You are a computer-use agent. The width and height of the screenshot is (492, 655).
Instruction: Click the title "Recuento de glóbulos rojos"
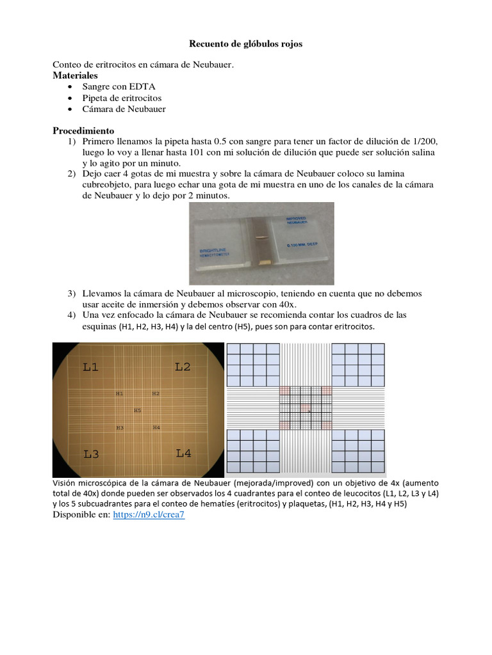pos(246,44)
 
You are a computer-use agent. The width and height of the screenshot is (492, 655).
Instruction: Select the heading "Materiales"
pos(75,75)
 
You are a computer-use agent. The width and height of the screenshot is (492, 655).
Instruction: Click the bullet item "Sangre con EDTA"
pos(119,86)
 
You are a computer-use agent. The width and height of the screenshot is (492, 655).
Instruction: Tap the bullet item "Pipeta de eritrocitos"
pos(122,98)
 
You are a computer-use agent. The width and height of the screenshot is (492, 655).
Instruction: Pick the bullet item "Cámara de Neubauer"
pos(124,109)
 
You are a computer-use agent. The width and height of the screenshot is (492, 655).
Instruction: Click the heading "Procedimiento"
pos(83,130)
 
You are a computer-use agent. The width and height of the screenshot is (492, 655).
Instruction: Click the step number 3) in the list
pos(72,294)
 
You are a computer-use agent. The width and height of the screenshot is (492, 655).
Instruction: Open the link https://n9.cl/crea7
pos(149,516)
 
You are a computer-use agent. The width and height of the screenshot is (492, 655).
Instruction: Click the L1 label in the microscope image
pos(91,367)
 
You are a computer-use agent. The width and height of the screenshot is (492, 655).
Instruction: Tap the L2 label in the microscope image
pos(183,367)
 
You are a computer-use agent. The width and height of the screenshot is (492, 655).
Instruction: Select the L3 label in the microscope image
pos(91,454)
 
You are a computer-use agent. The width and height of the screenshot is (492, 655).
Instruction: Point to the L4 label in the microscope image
pos(184,453)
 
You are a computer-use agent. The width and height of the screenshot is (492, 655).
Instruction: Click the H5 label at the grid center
pos(138,410)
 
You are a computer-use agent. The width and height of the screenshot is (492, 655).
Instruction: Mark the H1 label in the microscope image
pos(120,393)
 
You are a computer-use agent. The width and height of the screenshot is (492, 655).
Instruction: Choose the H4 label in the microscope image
pos(156,427)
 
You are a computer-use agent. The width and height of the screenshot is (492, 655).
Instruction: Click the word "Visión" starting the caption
pos(66,483)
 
